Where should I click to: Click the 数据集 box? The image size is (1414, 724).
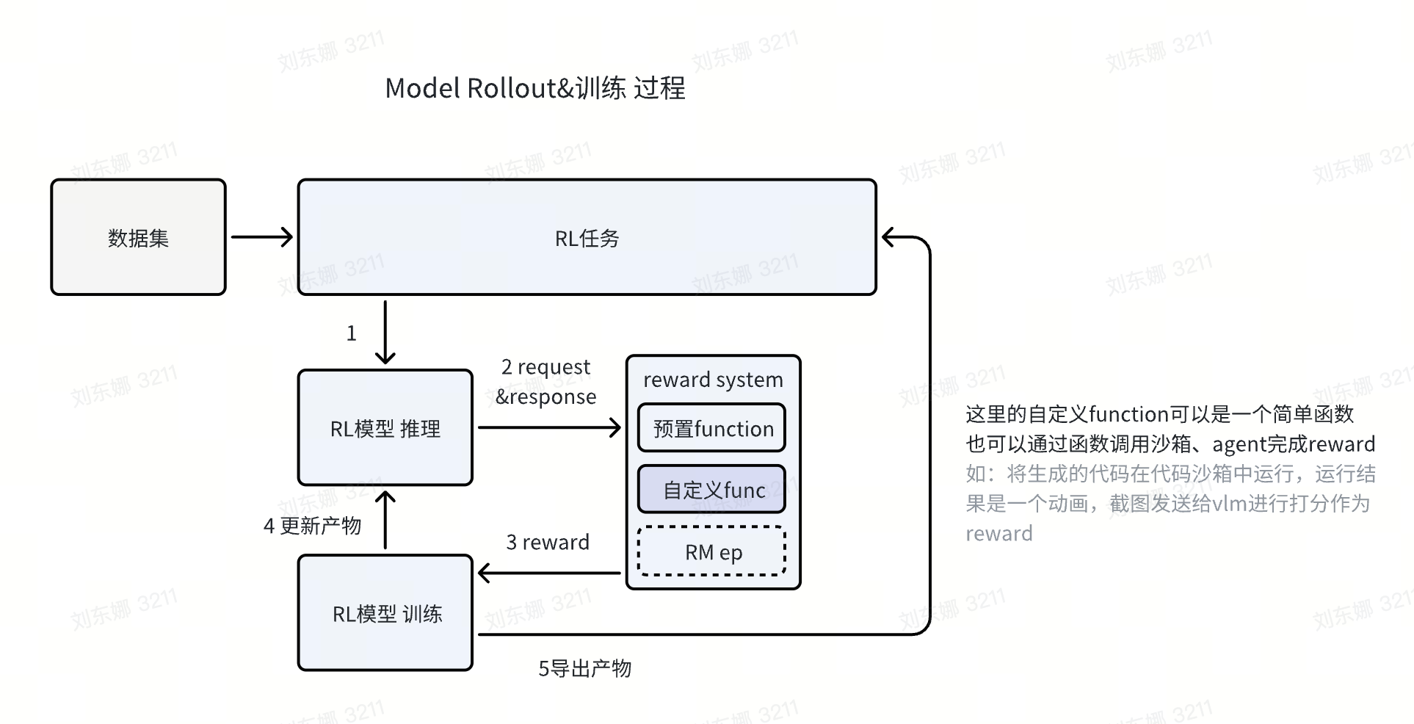pyautogui.click(x=138, y=237)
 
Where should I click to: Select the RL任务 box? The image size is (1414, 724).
pyautogui.click(x=587, y=237)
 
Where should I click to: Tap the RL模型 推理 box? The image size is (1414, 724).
pyautogui.click(x=385, y=427)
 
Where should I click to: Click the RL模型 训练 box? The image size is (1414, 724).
pyautogui.click(x=385, y=613)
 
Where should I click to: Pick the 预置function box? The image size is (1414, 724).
pyautogui.click(x=711, y=428)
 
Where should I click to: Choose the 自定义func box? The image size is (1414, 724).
pyautogui.click(x=711, y=490)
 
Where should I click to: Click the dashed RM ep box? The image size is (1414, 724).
pyautogui.click(x=711, y=551)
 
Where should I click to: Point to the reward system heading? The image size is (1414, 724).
pyautogui.click(x=713, y=380)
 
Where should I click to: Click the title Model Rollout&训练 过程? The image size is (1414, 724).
pyautogui.click(x=534, y=88)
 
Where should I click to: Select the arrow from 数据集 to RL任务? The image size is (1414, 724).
pyautogui.click(x=261, y=236)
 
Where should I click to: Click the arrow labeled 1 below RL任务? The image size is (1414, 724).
pyautogui.click(x=385, y=332)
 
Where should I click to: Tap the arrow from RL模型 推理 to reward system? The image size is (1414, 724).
pyautogui.click(x=548, y=427)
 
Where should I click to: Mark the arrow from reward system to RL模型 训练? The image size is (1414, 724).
pyautogui.click(x=548, y=573)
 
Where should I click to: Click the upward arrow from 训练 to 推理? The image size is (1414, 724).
pyautogui.click(x=385, y=520)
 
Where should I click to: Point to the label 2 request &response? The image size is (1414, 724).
pyautogui.click(x=545, y=382)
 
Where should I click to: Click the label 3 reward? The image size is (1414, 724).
pyautogui.click(x=548, y=542)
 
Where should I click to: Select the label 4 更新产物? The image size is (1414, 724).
pyautogui.click(x=312, y=526)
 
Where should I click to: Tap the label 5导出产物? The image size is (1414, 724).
pyautogui.click(x=584, y=668)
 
